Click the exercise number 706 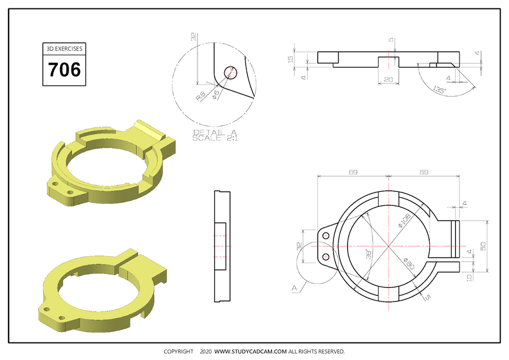pos(64,70)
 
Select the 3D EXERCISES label pos(64,49)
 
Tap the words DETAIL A pos(211,132)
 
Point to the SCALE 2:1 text pos(211,138)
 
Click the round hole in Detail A pos(231,72)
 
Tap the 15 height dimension pos(291,58)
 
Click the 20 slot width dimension pos(388,80)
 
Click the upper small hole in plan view pos(326,237)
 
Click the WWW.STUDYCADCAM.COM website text pos(251,352)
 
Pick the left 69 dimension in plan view pos(353,172)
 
